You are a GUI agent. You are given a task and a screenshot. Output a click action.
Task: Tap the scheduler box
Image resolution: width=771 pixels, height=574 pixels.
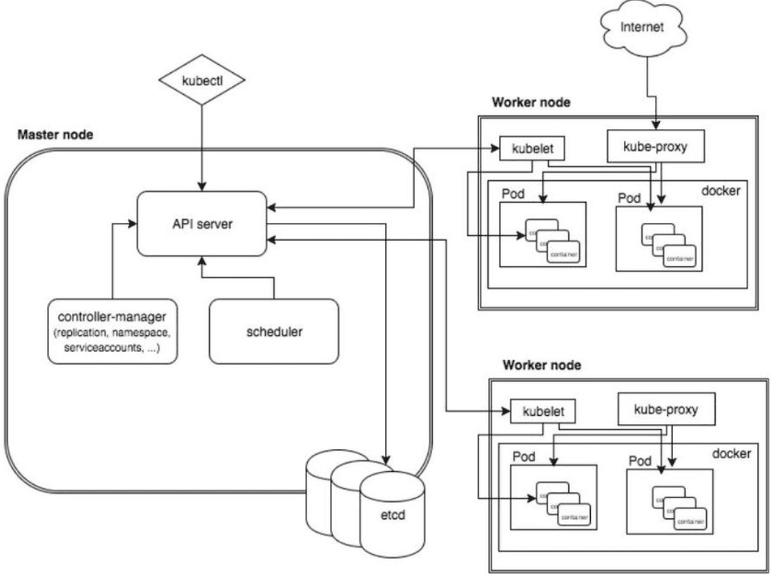coord(274,331)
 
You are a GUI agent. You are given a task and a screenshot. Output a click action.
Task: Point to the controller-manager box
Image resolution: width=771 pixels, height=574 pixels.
coord(111,331)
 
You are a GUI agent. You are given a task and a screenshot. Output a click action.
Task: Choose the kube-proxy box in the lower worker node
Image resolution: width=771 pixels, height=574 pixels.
coord(665,409)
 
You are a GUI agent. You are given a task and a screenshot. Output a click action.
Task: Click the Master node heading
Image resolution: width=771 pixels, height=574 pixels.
coord(55,135)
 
